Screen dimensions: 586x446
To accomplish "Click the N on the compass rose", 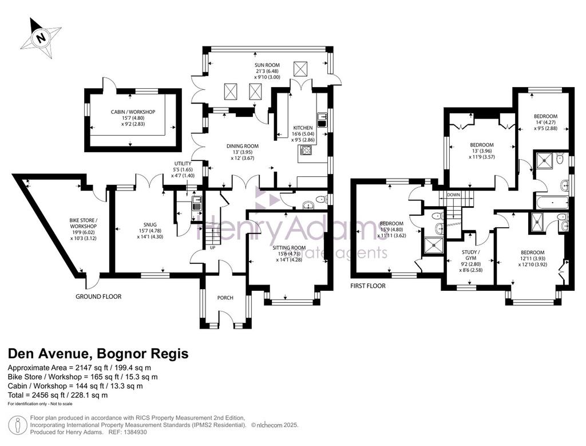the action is (41, 38).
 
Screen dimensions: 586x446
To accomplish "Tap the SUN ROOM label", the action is (268, 65).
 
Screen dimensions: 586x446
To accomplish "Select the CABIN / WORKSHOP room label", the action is (133, 112).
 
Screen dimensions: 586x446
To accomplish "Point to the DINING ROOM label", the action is (243, 146).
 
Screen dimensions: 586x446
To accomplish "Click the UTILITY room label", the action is (183, 164).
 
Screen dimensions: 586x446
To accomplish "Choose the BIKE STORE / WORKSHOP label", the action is (84, 223).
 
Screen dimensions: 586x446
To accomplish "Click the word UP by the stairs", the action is (213, 247).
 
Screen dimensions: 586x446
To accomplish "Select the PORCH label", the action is (225, 298).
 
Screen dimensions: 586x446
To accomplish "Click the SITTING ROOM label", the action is (289, 247).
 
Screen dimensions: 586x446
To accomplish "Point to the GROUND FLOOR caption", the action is (98, 297).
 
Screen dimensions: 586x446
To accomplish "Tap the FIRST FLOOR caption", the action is (368, 286).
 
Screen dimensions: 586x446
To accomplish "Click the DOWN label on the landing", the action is (453, 195).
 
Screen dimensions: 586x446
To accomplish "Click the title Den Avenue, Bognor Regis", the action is (98, 353).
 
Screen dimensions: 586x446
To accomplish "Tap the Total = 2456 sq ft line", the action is (58, 395).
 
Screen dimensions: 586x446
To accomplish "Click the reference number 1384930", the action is (135, 432).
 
